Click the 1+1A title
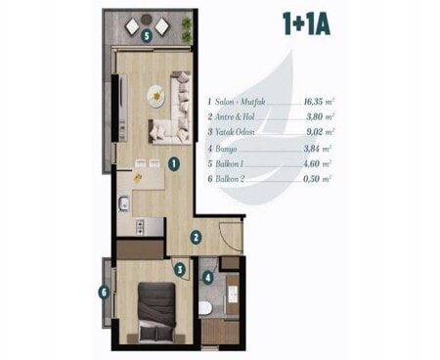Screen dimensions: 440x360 (306, 23)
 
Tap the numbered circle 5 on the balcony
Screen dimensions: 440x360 (147, 36)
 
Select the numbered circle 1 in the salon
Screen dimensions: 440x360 (174, 163)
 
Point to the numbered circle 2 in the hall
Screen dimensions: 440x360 (196, 237)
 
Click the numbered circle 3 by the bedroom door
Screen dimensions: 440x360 (180, 269)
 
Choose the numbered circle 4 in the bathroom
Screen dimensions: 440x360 (207, 278)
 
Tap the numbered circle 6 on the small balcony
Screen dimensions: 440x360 (104, 292)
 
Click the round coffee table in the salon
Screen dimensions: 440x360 (156, 96)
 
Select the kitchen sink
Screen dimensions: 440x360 (124, 202)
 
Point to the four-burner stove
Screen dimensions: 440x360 (140, 227)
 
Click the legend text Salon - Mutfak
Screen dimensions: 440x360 (240, 102)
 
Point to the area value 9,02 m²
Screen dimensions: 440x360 (321, 132)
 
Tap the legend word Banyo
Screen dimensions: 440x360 (226, 149)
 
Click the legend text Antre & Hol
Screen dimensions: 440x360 (235, 116)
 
